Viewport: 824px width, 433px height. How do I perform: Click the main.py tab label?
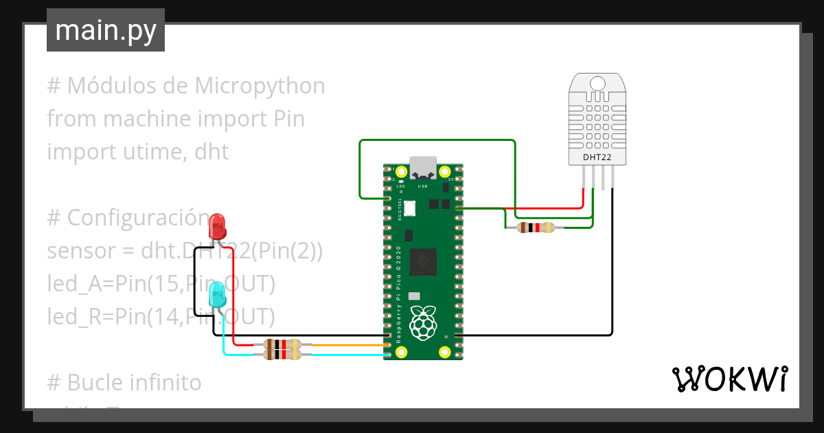click(105, 31)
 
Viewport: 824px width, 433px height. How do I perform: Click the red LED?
click(218, 225)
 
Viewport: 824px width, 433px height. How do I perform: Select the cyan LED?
click(217, 295)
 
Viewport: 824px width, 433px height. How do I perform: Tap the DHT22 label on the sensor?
click(597, 157)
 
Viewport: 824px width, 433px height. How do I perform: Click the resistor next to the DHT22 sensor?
click(535, 227)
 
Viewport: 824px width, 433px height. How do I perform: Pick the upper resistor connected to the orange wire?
click(282, 345)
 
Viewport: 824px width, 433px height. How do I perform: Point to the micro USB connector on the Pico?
click(422, 167)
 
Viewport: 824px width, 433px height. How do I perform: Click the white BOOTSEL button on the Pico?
click(411, 208)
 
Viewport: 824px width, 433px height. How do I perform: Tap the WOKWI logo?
click(729, 379)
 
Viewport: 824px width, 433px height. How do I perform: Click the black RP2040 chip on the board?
click(423, 261)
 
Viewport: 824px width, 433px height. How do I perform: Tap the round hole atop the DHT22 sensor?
click(597, 84)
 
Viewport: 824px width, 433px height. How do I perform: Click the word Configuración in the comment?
click(137, 218)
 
